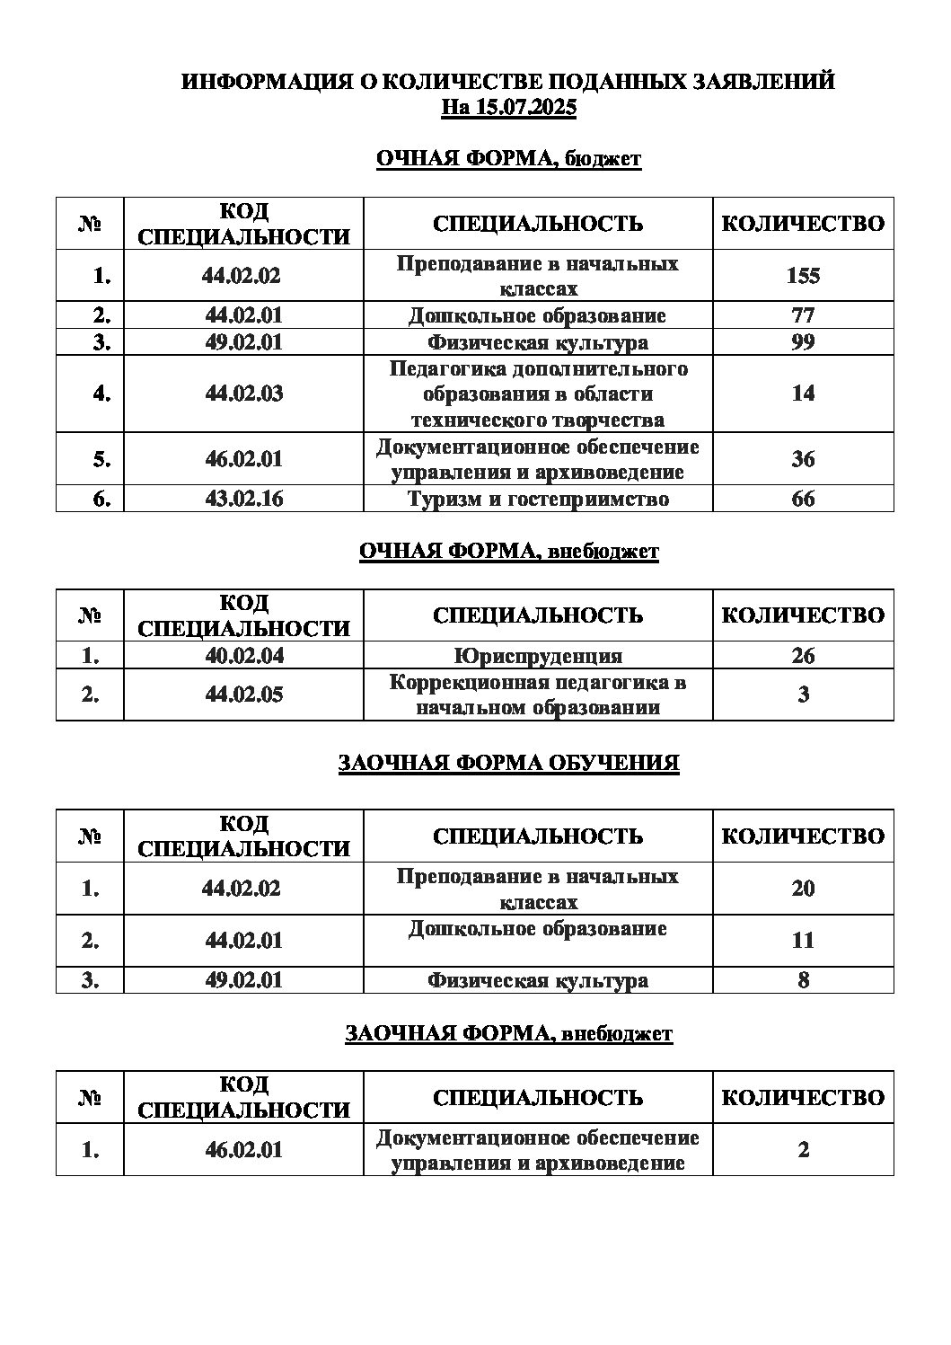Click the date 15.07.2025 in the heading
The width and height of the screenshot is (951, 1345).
coord(526,109)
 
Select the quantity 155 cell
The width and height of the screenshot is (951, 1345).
coord(803,276)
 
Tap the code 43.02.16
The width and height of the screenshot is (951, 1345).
coord(243,499)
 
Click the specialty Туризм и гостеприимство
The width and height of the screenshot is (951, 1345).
coord(538,499)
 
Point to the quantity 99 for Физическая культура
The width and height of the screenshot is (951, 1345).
coord(803,342)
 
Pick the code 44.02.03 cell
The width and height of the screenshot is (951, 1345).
coord(243,394)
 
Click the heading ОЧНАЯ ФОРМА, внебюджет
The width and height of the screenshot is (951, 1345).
coord(508,552)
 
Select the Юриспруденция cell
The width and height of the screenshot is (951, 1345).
coord(538,656)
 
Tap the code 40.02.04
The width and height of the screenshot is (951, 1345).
coord(243,656)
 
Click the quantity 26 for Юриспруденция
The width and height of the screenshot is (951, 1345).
coord(803,656)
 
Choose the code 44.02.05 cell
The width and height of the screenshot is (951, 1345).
coord(243,695)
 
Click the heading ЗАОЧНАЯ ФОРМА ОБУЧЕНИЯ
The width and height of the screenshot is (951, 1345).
coord(508,764)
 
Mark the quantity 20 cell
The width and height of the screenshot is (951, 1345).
coord(803,889)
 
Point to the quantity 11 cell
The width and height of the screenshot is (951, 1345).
coord(803,941)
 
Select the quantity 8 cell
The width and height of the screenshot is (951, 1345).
coord(803,980)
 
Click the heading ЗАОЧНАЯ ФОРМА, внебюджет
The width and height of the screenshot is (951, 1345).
coord(508,1034)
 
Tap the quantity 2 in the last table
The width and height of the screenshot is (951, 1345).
coord(803,1150)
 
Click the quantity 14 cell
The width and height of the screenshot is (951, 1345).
coord(803,394)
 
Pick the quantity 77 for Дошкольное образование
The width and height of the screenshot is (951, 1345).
coord(803,315)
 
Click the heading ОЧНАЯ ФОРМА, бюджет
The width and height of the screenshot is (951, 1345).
coord(508,160)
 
